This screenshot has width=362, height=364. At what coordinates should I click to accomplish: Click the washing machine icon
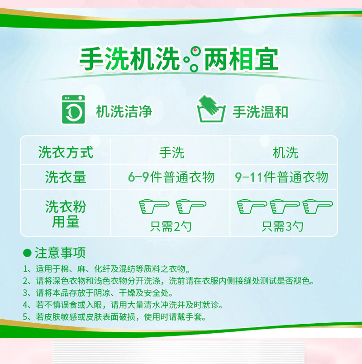[x=73, y=110]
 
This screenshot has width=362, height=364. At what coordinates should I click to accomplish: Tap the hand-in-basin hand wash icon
[x=211, y=109]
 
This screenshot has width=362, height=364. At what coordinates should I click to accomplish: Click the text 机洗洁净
[x=124, y=111]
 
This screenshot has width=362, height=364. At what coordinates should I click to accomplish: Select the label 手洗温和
[x=260, y=112]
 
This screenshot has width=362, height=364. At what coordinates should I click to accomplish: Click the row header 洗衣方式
[x=66, y=152]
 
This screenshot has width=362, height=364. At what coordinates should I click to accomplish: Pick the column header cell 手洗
[x=171, y=153]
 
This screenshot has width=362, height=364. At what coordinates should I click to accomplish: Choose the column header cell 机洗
[x=286, y=153]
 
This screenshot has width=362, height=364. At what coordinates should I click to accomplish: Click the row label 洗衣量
[x=66, y=177]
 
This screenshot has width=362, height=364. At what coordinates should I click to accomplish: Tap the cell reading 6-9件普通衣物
[x=171, y=177]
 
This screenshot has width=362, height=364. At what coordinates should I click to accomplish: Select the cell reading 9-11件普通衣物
[x=281, y=177]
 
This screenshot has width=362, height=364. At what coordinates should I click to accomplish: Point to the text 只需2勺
[x=171, y=226]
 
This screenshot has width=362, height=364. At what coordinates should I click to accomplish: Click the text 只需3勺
[x=282, y=226]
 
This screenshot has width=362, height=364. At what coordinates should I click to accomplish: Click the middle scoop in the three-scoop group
[x=285, y=206]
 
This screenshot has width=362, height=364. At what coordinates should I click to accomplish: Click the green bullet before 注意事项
[x=28, y=253]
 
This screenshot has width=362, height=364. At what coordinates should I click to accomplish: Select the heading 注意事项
[x=60, y=253]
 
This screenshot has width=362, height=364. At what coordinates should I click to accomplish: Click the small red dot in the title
[x=195, y=50]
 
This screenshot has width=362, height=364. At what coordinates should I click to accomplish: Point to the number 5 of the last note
[x=25, y=317]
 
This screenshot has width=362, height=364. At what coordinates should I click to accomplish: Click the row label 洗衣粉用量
[x=66, y=214]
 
